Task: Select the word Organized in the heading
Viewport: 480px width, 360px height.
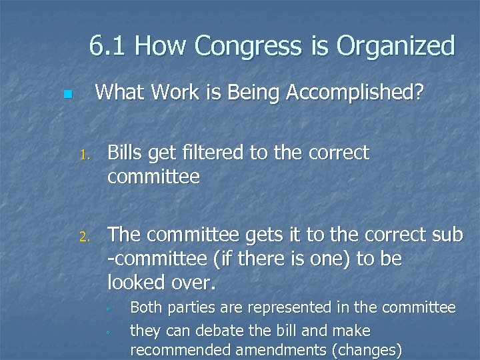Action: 399,46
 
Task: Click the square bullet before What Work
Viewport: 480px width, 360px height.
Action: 66,95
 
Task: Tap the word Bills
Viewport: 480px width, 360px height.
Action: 127,153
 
